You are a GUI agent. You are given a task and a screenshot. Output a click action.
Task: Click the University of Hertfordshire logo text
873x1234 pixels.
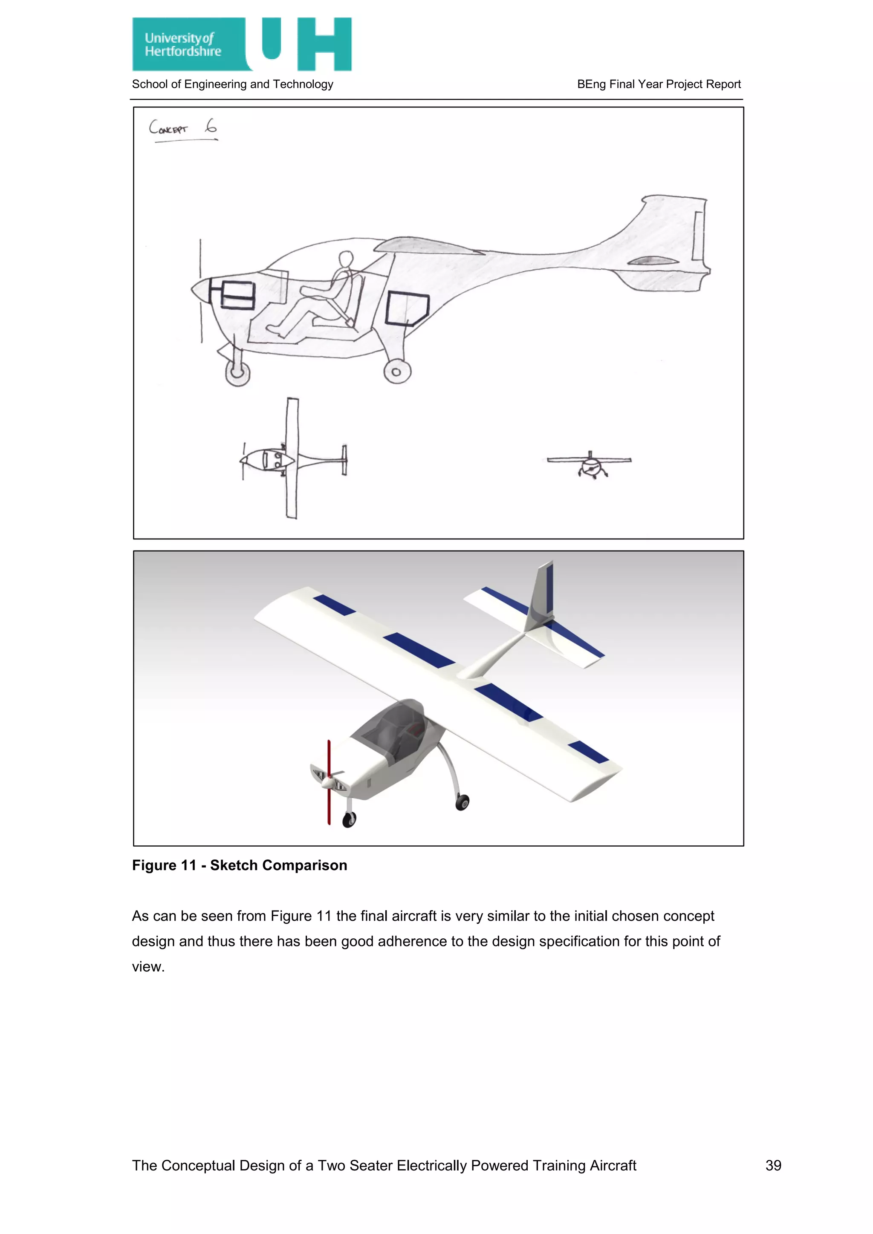click(x=183, y=45)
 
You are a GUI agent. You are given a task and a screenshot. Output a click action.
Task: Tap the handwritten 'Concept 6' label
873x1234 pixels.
click(x=183, y=128)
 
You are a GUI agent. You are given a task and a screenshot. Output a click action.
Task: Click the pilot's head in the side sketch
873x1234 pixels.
click(x=346, y=259)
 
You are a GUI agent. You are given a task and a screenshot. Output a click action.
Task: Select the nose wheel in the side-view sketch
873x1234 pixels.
click(x=237, y=372)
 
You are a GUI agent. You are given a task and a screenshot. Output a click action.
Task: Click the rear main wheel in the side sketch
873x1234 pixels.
click(x=397, y=372)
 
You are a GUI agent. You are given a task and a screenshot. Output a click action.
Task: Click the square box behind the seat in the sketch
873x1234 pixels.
click(x=407, y=308)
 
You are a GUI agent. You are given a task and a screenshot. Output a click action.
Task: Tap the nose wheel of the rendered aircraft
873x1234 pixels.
click(x=350, y=819)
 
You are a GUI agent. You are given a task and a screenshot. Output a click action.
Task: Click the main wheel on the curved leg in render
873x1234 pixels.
click(x=462, y=802)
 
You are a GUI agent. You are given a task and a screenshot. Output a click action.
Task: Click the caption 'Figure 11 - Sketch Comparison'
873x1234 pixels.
click(x=239, y=865)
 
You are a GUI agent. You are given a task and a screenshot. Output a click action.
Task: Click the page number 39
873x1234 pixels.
click(x=773, y=1165)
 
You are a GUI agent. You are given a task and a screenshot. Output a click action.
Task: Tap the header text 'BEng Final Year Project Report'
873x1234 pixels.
click(x=659, y=84)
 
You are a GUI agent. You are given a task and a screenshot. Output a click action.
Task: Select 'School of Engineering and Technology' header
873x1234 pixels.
click(x=232, y=84)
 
